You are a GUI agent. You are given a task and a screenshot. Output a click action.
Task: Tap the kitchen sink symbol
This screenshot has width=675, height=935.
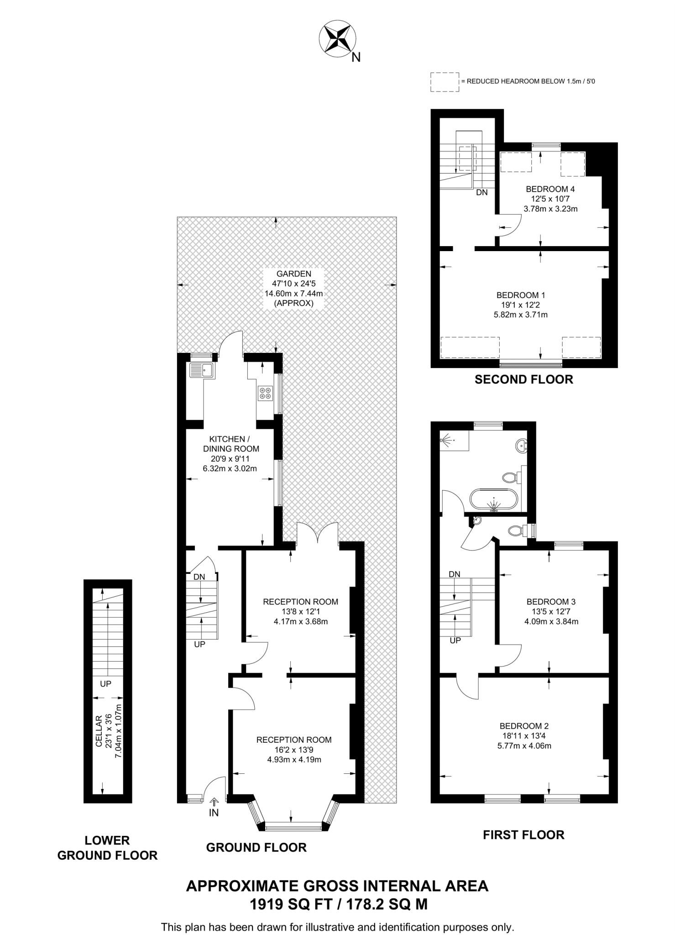[x=202, y=370]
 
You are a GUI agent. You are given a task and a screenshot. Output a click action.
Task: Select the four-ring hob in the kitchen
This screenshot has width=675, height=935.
[x=265, y=393]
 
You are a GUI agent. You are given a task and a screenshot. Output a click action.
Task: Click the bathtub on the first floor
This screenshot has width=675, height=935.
[x=494, y=500]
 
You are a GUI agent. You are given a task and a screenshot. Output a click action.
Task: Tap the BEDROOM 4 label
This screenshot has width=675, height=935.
[x=550, y=189]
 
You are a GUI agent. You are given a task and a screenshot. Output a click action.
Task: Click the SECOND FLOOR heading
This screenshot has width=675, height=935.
[x=523, y=379]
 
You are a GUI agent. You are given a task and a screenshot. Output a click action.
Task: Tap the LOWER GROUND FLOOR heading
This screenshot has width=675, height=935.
[x=107, y=848]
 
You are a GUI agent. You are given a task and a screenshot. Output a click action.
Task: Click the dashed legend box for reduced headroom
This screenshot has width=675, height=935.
[x=445, y=82]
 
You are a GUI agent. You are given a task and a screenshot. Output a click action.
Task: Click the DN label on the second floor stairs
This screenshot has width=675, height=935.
[x=481, y=193]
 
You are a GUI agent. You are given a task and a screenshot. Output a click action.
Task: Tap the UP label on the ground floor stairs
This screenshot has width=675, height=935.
[x=199, y=644]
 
